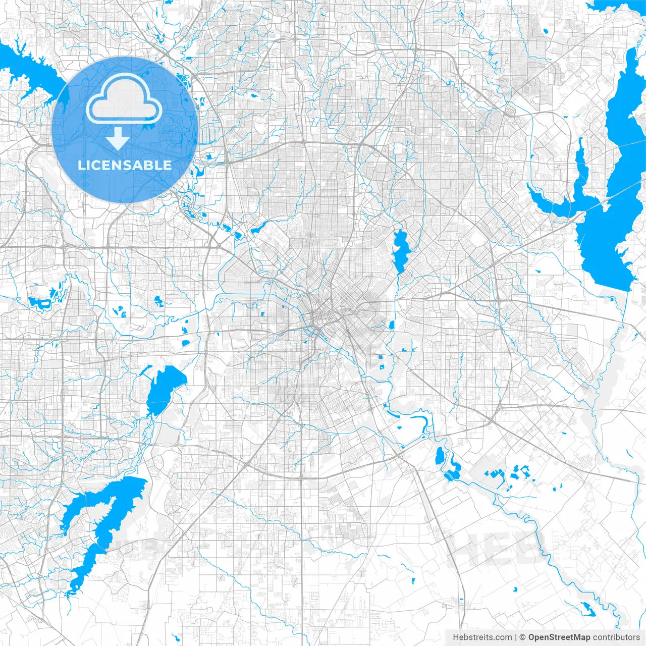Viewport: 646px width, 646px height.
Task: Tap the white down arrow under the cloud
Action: (x=118, y=138)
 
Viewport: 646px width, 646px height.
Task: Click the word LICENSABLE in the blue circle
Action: (x=125, y=165)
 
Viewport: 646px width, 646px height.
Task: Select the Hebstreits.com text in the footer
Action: (x=482, y=637)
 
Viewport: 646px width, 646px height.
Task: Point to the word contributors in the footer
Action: (x=616, y=637)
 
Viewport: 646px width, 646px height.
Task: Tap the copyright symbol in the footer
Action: (x=523, y=637)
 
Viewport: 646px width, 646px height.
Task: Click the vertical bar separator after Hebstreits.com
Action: (x=516, y=637)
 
